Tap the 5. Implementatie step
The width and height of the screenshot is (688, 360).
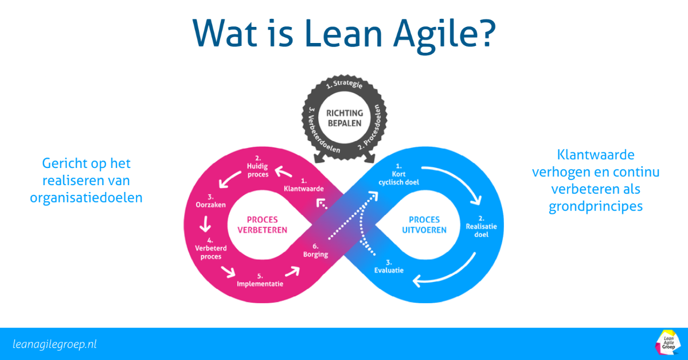coord(260,280)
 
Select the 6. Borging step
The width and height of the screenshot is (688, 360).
coord(316,251)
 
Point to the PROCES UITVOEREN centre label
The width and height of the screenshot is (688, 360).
coord(425,225)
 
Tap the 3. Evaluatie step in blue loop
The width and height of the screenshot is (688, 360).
coord(389,266)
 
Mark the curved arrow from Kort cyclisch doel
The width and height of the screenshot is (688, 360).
coord(459,183)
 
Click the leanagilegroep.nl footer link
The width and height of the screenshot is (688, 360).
coord(54,344)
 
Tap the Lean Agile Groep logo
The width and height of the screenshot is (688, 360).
coord(667,343)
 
